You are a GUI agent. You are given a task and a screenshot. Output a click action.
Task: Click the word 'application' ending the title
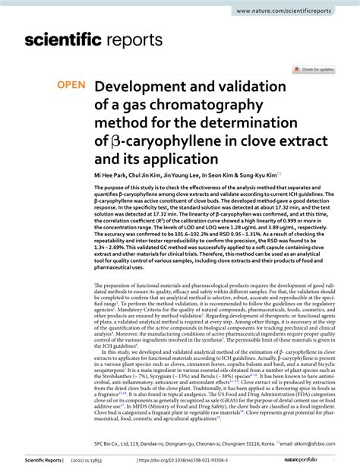pos(180,158)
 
